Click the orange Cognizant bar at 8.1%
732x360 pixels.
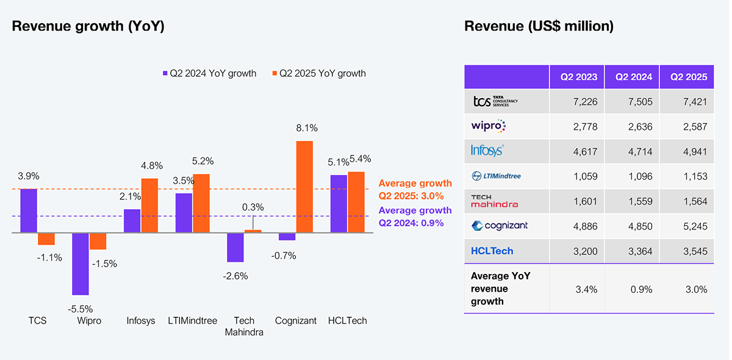point(304,187)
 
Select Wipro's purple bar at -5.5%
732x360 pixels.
point(81,264)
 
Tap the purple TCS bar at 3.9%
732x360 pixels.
point(29,211)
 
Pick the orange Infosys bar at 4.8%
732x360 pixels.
point(149,206)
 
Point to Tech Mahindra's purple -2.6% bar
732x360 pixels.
point(235,247)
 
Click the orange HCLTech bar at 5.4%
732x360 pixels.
point(356,203)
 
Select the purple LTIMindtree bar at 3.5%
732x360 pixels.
point(184,213)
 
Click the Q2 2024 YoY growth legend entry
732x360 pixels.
point(209,73)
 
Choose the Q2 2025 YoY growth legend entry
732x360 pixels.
point(319,73)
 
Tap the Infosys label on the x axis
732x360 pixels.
point(141,321)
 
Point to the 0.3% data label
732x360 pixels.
point(253,207)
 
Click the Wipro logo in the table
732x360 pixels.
point(489,126)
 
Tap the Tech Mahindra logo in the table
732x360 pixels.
point(495,201)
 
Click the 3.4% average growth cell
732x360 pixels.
point(587,289)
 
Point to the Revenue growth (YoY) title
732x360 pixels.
point(88,26)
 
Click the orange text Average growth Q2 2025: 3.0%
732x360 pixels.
point(415,190)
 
